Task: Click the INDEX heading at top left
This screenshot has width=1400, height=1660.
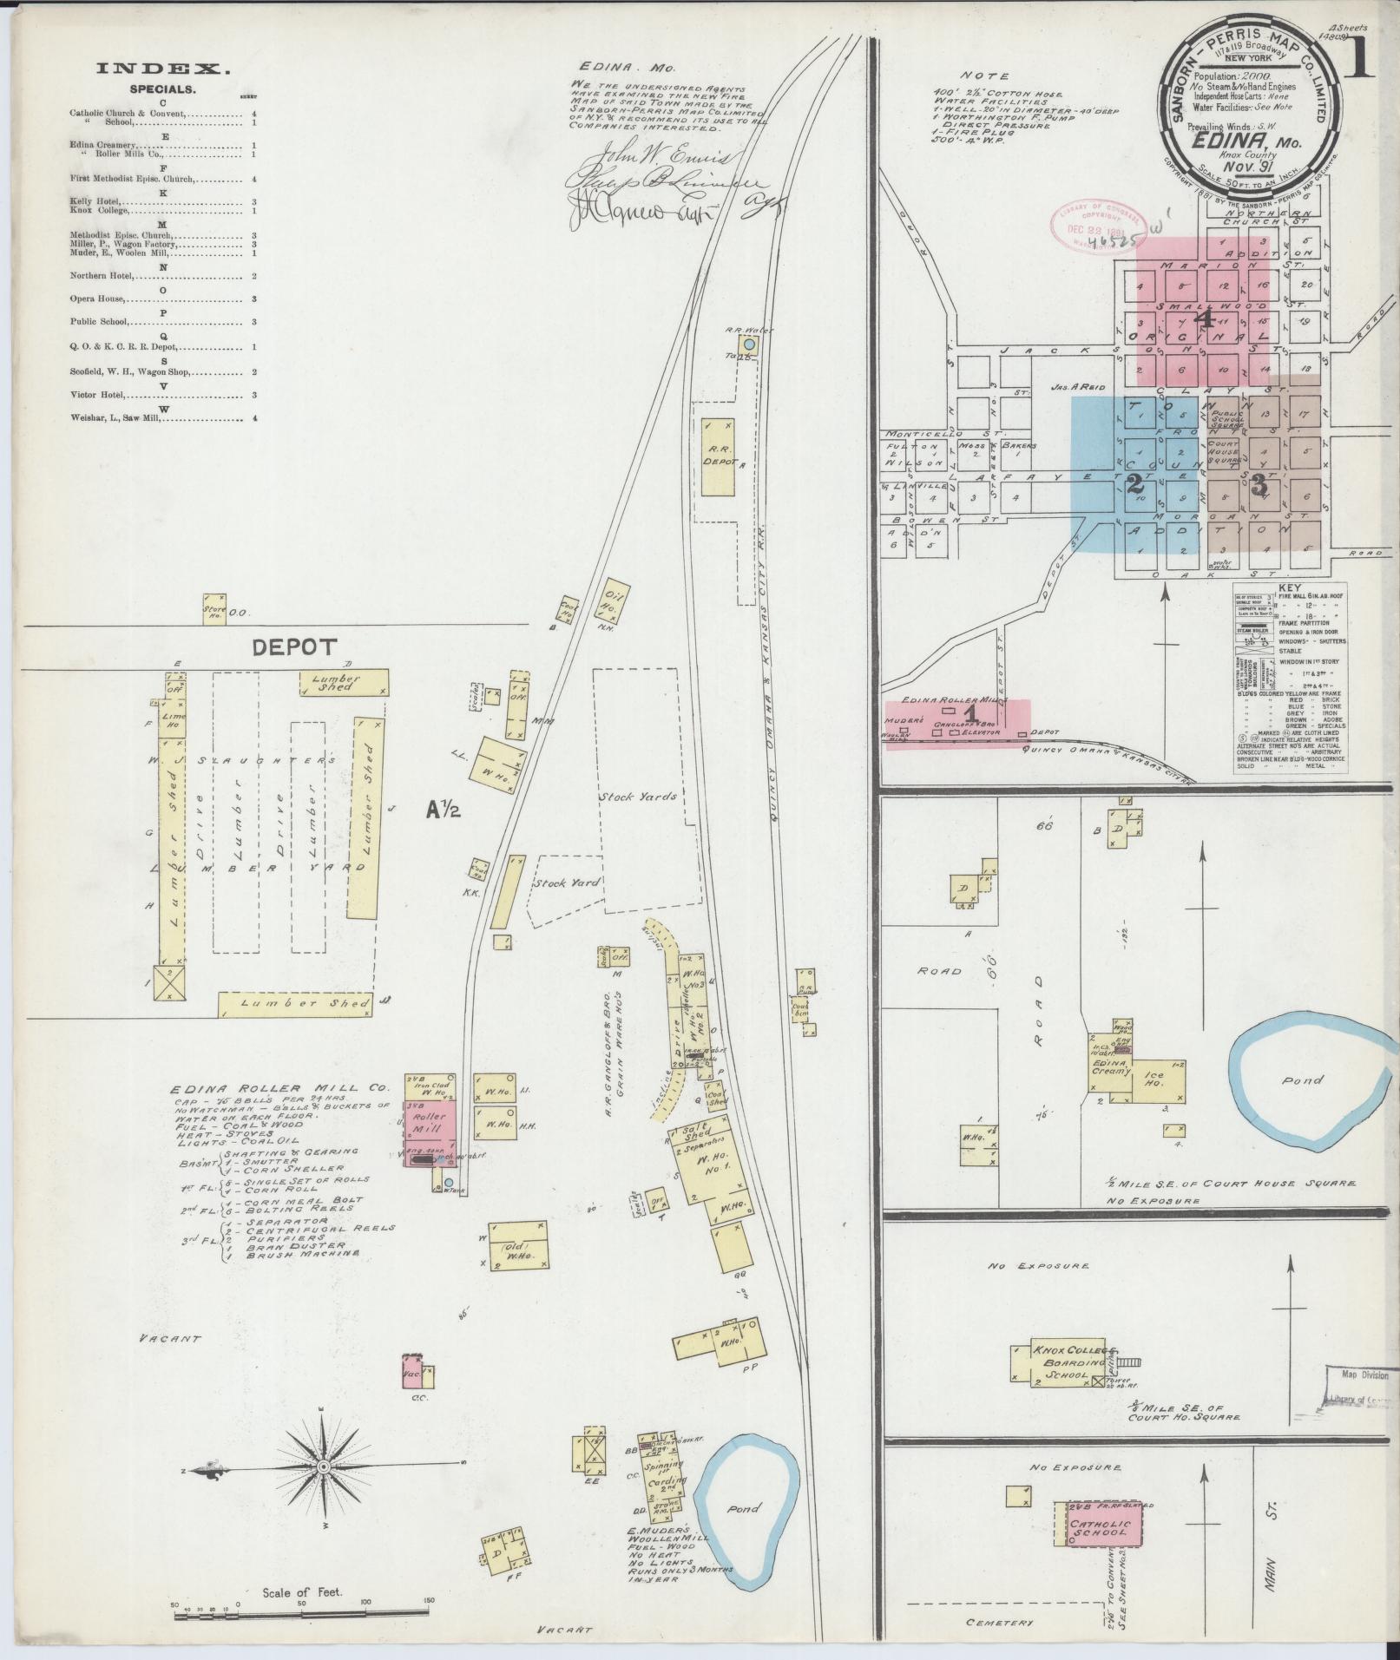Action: pyautogui.click(x=163, y=69)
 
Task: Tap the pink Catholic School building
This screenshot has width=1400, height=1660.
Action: pyautogui.click(x=1100, y=1451)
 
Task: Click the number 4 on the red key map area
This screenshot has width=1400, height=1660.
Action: pyautogui.click(x=1203, y=318)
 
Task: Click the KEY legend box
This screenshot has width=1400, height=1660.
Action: pyautogui.click(x=1289, y=677)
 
